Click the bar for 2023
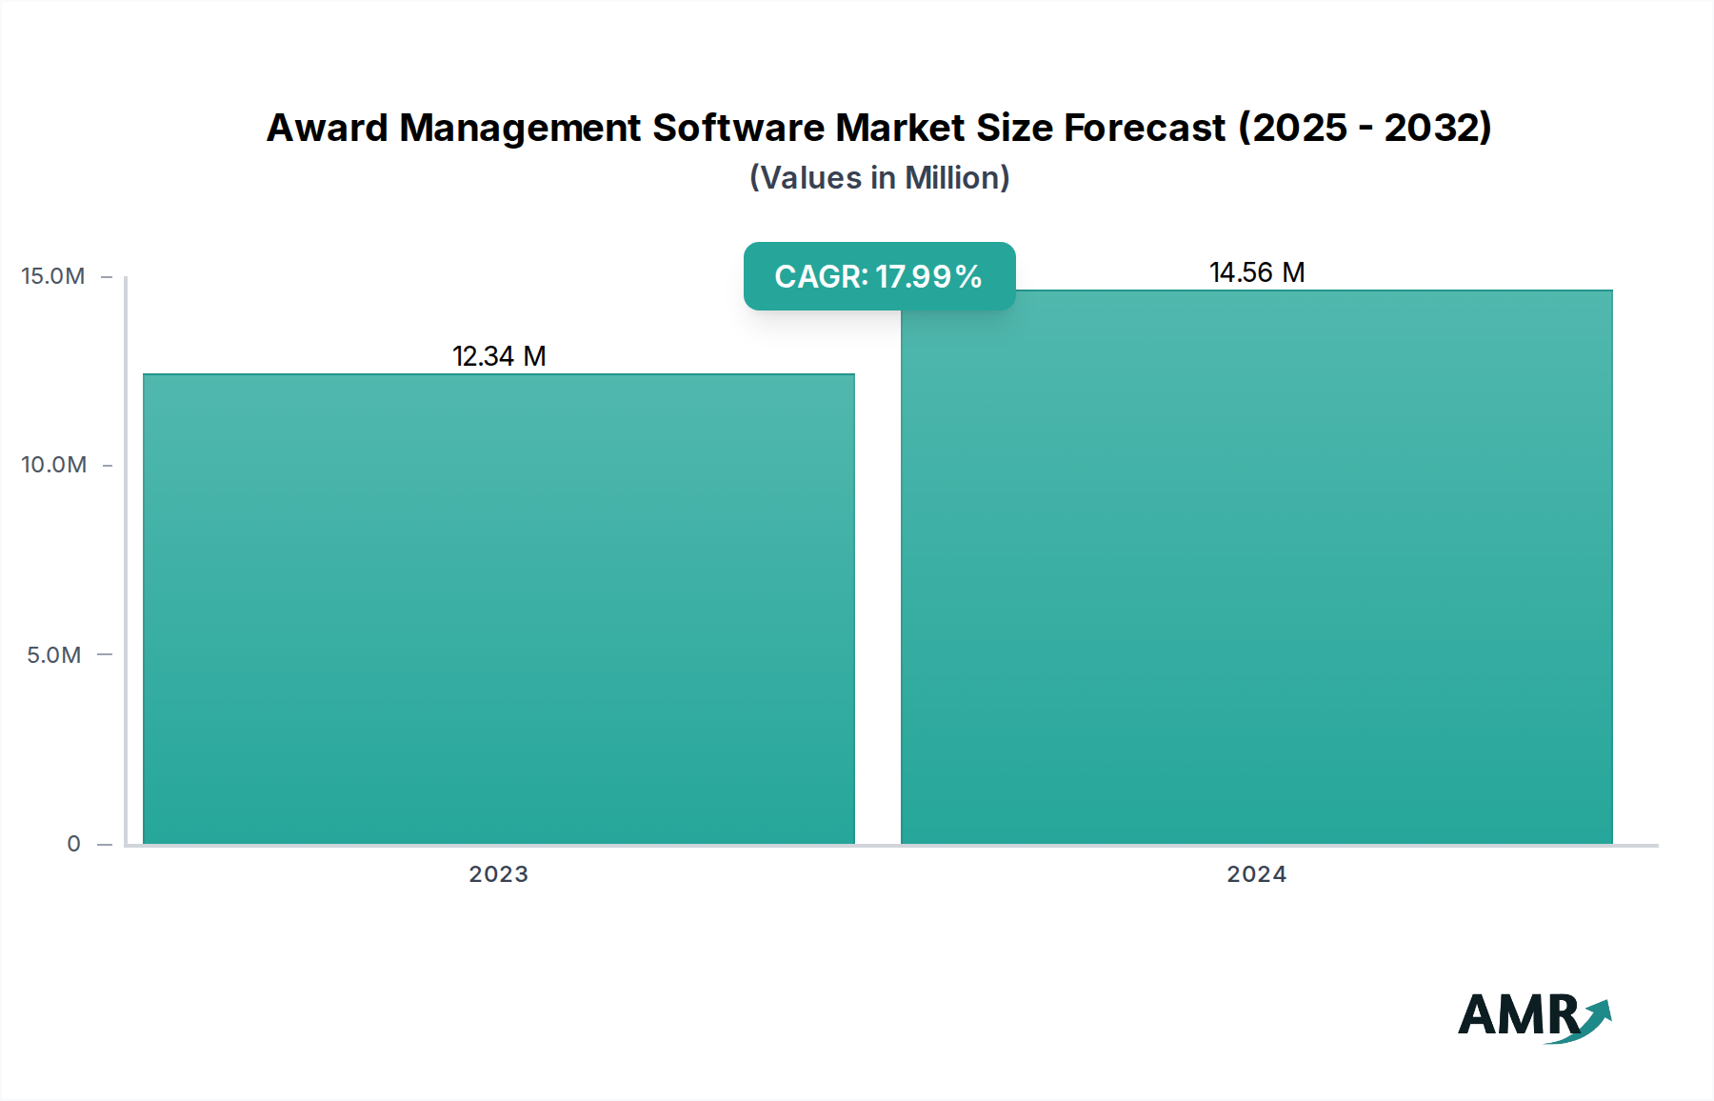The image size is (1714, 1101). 499,610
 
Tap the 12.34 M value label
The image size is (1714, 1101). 499,356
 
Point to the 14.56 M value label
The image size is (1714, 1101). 1257,272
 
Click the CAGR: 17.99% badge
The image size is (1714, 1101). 879,276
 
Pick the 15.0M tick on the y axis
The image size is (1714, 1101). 53,276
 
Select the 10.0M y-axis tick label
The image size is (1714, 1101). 54,465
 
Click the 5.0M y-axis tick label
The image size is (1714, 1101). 54,655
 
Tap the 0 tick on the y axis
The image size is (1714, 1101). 73,844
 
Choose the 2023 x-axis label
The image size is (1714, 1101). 499,874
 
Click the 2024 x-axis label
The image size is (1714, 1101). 1257,874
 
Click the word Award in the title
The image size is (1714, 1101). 327,129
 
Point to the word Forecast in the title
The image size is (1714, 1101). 1144,129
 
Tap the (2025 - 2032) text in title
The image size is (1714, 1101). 1365,129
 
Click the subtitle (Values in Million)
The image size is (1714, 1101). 879,178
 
